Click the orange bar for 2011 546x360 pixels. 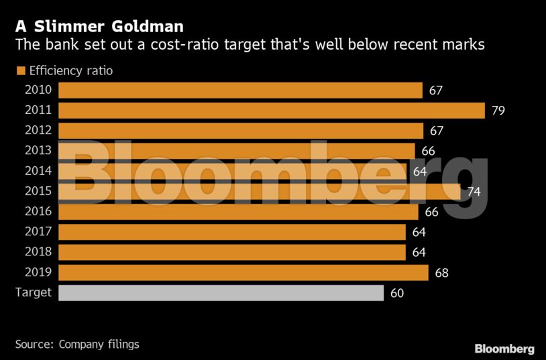tap(271, 111)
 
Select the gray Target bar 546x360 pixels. tap(221, 293)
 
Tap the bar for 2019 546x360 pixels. tap(243, 273)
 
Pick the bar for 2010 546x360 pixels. tap(240, 91)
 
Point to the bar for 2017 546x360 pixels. tap(231, 232)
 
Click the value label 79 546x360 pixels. tap(498, 111)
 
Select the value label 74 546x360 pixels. tap(474, 192)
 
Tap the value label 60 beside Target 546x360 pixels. tap(396, 293)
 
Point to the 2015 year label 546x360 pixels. tap(38, 192)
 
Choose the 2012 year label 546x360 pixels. tap(38, 131)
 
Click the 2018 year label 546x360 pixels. tap(38, 252)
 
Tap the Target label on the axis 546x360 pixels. tap(34, 293)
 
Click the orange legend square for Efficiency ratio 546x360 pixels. tap(20, 70)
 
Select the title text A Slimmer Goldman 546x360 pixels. tap(99, 27)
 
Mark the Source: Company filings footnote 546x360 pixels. tap(77, 344)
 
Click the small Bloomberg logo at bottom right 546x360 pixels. tap(504, 349)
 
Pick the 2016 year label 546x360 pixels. tap(38, 212)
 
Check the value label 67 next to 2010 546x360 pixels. tap(436, 91)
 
